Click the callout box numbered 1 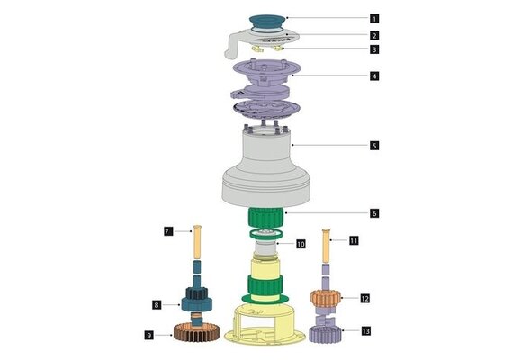pyautogui.click(x=374, y=18)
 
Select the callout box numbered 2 pyautogui.click(x=374, y=35)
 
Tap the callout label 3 pyautogui.click(x=374, y=50)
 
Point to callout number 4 pyautogui.click(x=374, y=76)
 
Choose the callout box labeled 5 pyautogui.click(x=374, y=144)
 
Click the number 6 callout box pyautogui.click(x=374, y=213)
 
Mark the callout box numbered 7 pyautogui.click(x=168, y=231)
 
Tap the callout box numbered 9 pyautogui.click(x=148, y=336)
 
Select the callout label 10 pyautogui.click(x=301, y=243)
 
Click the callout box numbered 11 pyautogui.click(x=354, y=240)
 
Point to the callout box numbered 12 pyautogui.click(x=364, y=297)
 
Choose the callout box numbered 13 pyautogui.click(x=364, y=330)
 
